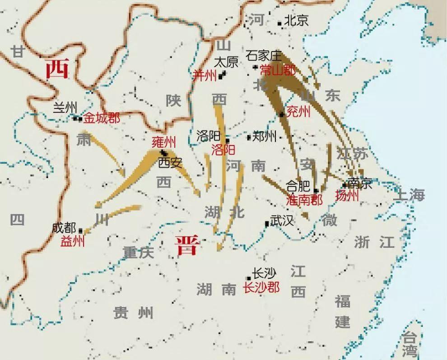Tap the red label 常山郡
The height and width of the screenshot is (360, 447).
[x=278, y=70]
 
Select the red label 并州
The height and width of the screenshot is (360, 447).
[x=205, y=75]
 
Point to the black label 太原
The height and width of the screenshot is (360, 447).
[x=225, y=61]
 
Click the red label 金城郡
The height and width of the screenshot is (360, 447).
[x=102, y=118]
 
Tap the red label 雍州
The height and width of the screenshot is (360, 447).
[x=163, y=143]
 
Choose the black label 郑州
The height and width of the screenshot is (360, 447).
[x=264, y=136]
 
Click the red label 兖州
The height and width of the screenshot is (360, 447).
[x=298, y=111]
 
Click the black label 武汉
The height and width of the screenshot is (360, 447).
[x=282, y=220]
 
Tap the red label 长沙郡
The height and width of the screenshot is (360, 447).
[x=261, y=287]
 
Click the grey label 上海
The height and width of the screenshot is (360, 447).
[x=409, y=195]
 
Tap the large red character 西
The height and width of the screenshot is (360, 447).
[x=57, y=70]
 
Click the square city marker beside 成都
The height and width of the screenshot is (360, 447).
[x=81, y=230]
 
